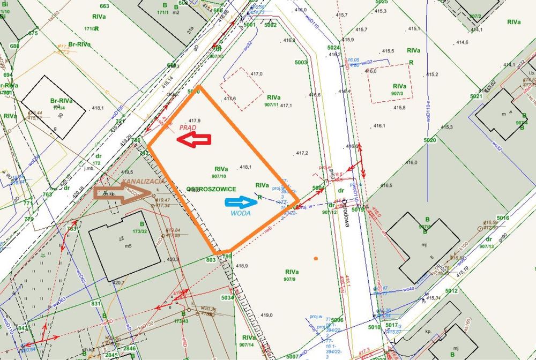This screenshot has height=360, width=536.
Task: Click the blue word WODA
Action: pyautogui.click(x=241, y=214)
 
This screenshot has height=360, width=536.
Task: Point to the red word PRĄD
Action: pyautogui.click(x=187, y=127)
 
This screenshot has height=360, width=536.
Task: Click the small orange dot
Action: pyautogui.click(x=316, y=259)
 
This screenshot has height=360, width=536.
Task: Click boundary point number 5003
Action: pyautogui.click(x=301, y=63)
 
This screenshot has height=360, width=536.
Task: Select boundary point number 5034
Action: pyautogui.click(x=227, y=297)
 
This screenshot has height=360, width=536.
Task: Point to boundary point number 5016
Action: pyautogui.click(x=502, y=218)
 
